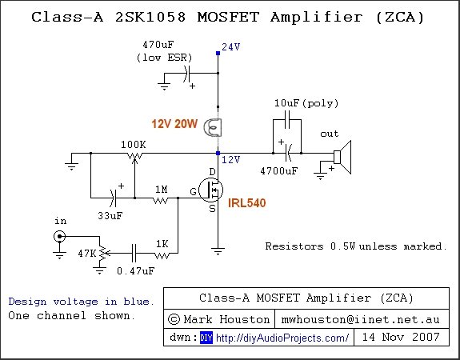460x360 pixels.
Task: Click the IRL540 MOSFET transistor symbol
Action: (210, 190)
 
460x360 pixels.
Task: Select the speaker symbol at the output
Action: (342, 158)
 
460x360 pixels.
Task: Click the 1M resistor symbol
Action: (161, 200)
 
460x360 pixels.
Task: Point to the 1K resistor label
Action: (162, 244)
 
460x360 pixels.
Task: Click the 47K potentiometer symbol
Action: (102, 254)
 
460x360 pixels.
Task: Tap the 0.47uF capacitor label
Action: (135, 271)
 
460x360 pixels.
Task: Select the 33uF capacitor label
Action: (110, 216)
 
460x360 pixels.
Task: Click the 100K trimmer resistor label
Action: (134, 144)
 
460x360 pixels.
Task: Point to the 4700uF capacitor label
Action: (279, 170)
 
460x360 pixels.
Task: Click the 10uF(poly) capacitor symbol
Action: (287, 119)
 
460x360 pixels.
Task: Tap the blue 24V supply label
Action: (231, 47)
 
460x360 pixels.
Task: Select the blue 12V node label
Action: (230, 160)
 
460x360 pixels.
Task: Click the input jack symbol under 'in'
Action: (59, 236)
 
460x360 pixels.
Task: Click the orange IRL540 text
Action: (246, 203)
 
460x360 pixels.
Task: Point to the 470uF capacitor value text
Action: (158, 45)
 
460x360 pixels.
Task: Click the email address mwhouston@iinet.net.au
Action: (360, 319)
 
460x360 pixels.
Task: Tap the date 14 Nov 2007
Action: (401, 337)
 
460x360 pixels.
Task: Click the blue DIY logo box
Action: (206, 338)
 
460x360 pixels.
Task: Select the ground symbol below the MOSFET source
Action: (218, 251)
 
